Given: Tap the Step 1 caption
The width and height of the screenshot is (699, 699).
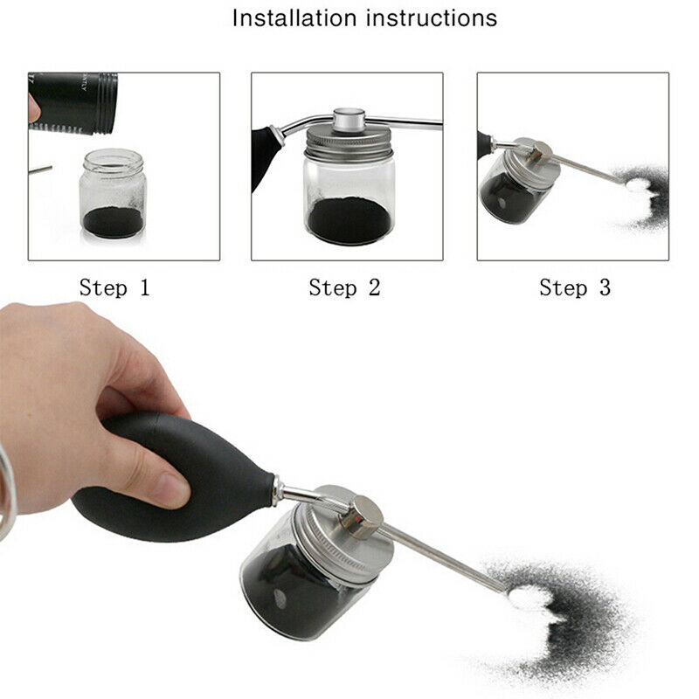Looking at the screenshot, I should pyautogui.click(x=114, y=287).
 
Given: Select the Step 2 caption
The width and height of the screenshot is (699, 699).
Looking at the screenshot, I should pyautogui.click(x=344, y=287).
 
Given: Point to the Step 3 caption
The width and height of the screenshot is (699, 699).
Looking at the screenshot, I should pyautogui.click(x=574, y=287).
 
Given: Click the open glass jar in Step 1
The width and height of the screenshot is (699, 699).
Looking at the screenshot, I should pyautogui.click(x=112, y=194).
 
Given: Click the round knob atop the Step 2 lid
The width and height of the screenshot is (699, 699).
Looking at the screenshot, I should pyautogui.click(x=349, y=117).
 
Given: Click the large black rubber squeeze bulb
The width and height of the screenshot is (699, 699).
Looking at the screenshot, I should pyautogui.click(x=175, y=472).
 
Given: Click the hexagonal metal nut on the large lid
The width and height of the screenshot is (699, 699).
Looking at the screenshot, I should pyautogui.click(x=363, y=517).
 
